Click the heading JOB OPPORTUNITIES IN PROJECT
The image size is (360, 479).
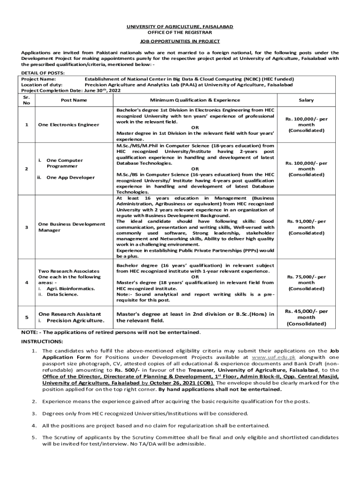tap(180, 41)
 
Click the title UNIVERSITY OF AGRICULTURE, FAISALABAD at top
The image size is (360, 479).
tap(180, 27)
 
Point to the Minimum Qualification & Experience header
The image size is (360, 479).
tap(195, 100)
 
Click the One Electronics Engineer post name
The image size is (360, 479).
tap(69, 124)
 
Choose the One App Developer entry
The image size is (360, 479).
tap(70, 177)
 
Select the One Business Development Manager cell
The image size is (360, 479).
tap(72, 227)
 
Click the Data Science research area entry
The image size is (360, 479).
tap(62, 294)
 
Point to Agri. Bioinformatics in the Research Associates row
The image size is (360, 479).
tap(70, 289)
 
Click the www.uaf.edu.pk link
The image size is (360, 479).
tap(266, 356)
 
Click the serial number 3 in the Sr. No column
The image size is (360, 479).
tap(27, 227)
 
